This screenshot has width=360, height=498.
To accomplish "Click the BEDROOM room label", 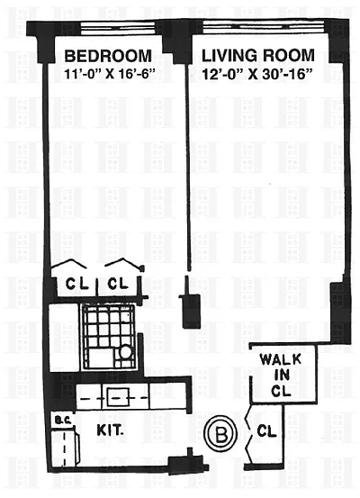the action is (x=108, y=56).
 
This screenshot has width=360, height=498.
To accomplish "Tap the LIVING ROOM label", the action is (x=258, y=56).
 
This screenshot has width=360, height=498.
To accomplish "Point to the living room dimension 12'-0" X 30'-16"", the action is (x=256, y=75).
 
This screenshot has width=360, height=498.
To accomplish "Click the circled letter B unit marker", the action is (x=221, y=434).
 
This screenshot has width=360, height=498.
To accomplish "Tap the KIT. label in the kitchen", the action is (x=110, y=430).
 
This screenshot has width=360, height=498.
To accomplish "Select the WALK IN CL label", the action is (x=281, y=375).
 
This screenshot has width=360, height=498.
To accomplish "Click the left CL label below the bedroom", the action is (x=77, y=283).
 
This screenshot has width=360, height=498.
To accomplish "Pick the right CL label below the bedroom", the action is (x=118, y=283).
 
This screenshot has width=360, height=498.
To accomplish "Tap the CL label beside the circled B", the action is (x=266, y=431).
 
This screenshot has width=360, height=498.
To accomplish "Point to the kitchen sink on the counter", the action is (x=118, y=397).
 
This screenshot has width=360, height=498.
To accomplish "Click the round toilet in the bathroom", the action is (x=125, y=352).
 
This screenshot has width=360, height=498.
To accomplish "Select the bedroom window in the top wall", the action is (x=118, y=27).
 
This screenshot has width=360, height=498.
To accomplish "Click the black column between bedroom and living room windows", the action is (x=175, y=40).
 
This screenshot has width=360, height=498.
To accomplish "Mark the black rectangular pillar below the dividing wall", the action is (x=191, y=312).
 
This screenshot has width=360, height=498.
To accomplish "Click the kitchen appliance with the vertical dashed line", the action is (x=65, y=448).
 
